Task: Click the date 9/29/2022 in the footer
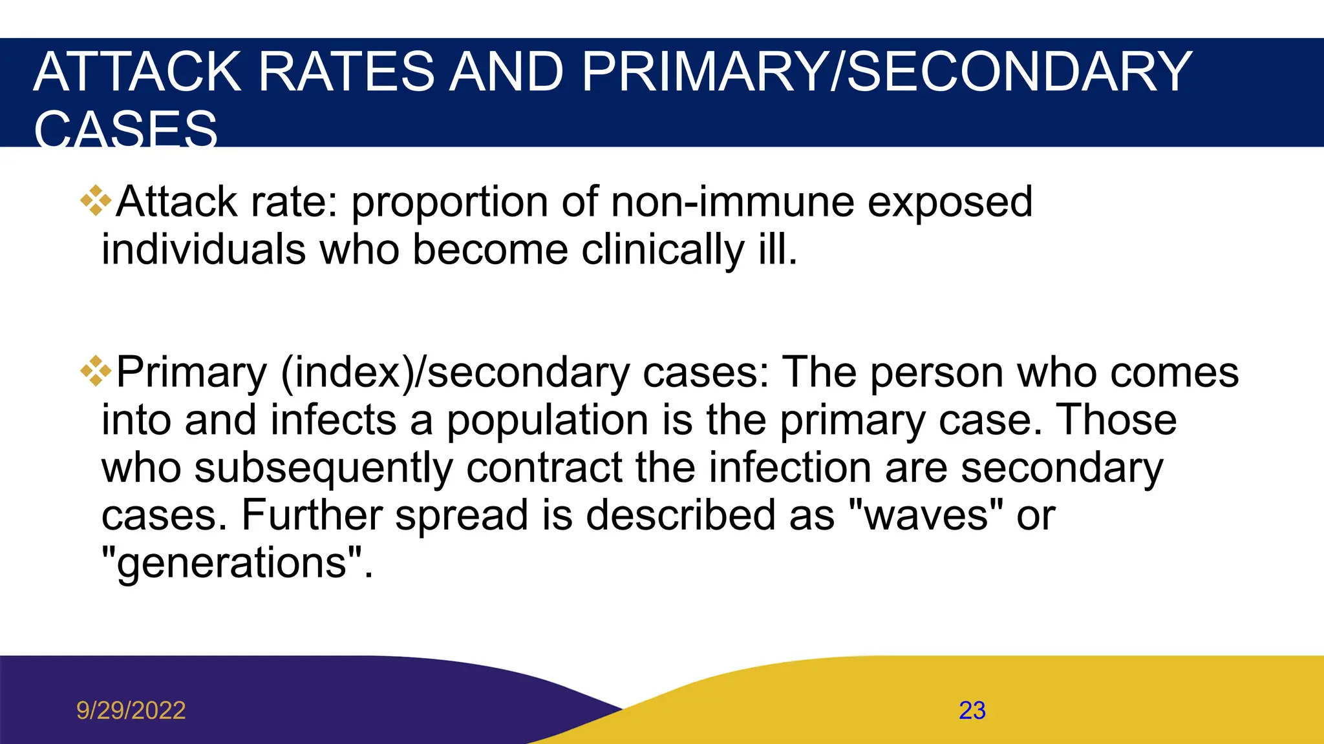[x=131, y=710]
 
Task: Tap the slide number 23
[x=972, y=710]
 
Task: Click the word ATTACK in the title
[x=137, y=72]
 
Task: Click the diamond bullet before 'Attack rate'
[x=96, y=201]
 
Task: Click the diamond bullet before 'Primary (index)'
[x=96, y=371]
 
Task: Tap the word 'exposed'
[x=950, y=201]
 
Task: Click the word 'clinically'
[x=663, y=249]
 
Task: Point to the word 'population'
[x=548, y=420]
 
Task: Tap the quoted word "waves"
[x=924, y=515]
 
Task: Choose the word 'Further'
[x=312, y=515]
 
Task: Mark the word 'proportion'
[x=449, y=203]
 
